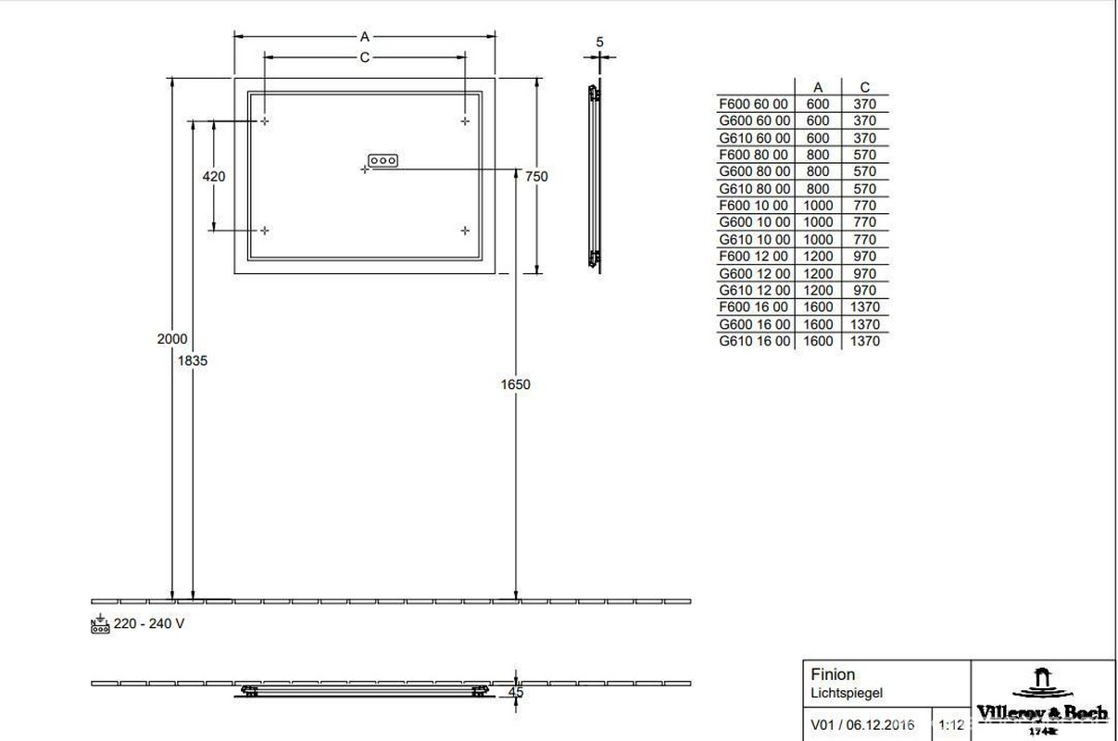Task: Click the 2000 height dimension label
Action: pos(172,339)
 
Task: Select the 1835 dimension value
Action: pos(193,360)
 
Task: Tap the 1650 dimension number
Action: pos(515,383)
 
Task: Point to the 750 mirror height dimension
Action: pos(536,176)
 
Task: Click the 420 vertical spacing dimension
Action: pos(214,176)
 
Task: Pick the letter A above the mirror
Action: pos(364,36)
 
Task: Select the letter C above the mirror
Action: pos(364,57)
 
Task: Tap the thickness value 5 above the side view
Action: pos(600,42)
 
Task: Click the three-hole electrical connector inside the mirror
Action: pos(383,160)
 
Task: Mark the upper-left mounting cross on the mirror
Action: pos(265,121)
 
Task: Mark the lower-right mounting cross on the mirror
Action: pos(465,230)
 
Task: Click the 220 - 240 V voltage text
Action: pos(148,623)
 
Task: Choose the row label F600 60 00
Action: pos(754,104)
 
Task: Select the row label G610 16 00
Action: pos(754,341)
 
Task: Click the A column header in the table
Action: pos(818,88)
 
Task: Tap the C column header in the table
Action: pos(864,88)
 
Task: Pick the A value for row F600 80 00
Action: pos(818,155)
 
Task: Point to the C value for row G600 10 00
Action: pos(864,222)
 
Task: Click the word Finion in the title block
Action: pos(833,674)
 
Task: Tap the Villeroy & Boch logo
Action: pos(1042,699)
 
